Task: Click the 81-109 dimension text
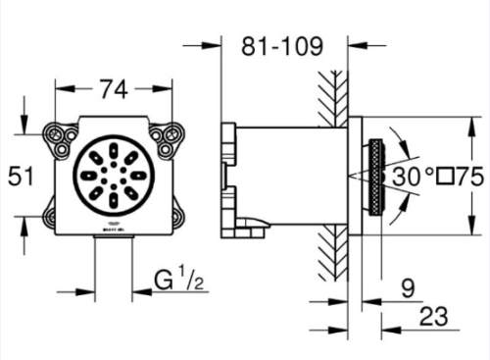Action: (282, 46)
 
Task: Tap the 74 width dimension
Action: (114, 90)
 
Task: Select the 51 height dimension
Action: (21, 176)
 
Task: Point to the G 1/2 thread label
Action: (179, 280)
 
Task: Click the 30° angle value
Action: (413, 177)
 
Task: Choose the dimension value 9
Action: (408, 288)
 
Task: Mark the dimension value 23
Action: (433, 317)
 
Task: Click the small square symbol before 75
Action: (446, 177)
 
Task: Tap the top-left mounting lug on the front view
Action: (61, 140)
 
